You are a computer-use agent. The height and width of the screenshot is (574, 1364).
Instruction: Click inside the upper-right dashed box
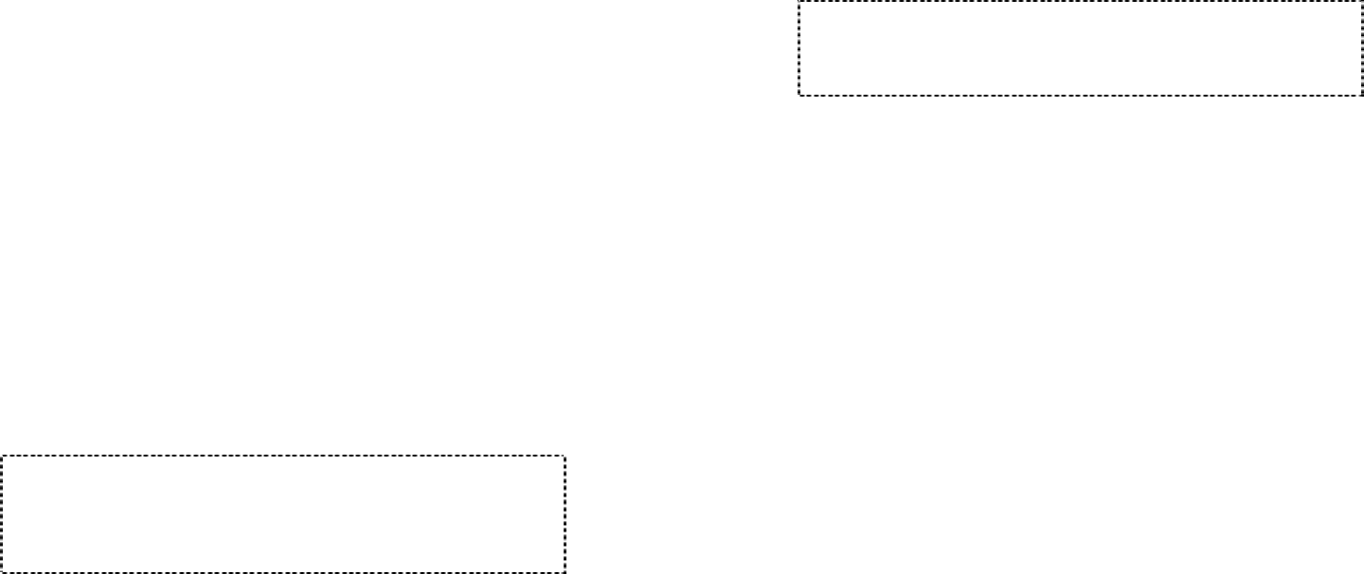pyautogui.click(x=1080, y=48)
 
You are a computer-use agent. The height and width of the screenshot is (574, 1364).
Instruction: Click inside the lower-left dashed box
pyautogui.click(x=283, y=514)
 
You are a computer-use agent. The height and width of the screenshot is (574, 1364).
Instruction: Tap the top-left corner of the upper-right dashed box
pyautogui.click(x=799, y=2)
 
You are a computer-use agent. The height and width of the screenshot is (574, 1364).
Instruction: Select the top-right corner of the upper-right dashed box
pyautogui.click(x=1361, y=2)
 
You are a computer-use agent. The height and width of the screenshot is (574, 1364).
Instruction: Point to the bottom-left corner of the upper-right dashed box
pyautogui.click(x=799, y=95)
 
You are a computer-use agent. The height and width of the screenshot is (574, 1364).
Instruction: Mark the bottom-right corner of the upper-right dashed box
pyautogui.click(x=1361, y=95)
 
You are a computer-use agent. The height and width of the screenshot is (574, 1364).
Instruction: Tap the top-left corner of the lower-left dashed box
pyautogui.click(x=2, y=457)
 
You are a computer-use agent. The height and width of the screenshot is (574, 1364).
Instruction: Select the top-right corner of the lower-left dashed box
pyautogui.click(x=565, y=457)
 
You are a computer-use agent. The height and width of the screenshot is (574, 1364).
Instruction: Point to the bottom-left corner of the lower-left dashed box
pyautogui.click(x=2, y=572)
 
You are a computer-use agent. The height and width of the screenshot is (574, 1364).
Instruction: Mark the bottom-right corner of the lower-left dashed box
pyautogui.click(x=565, y=572)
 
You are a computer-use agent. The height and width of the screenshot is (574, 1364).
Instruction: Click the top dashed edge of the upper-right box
pyautogui.click(x=1080, y=2)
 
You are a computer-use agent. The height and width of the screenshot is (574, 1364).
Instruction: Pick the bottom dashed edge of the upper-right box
pyautogui.click(x=1080, y=95)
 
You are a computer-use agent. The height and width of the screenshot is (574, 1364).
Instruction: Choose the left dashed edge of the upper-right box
pyautogui.click(x=799, y=48)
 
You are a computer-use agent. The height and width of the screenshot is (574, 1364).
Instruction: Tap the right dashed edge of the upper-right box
pyautogui.click(x=1361, y=48)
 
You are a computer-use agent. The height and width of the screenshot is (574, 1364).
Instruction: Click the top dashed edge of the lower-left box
pyautogui.click(x=283, y=457)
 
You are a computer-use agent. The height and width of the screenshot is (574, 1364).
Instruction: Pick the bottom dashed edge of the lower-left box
pyautogui.click(x=283, y=572)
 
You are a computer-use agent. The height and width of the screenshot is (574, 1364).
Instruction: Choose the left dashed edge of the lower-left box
pyautogui.click(x=2, y=514)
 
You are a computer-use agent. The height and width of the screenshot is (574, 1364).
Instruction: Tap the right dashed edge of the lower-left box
pyautogui.click(x=565, y=514)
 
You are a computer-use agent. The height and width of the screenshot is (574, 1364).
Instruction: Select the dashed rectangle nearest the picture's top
pyautogui.click(x=1080, y=48)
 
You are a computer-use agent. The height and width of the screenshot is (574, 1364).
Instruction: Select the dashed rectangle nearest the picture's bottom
pyautogui.click(x=283, y=514)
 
